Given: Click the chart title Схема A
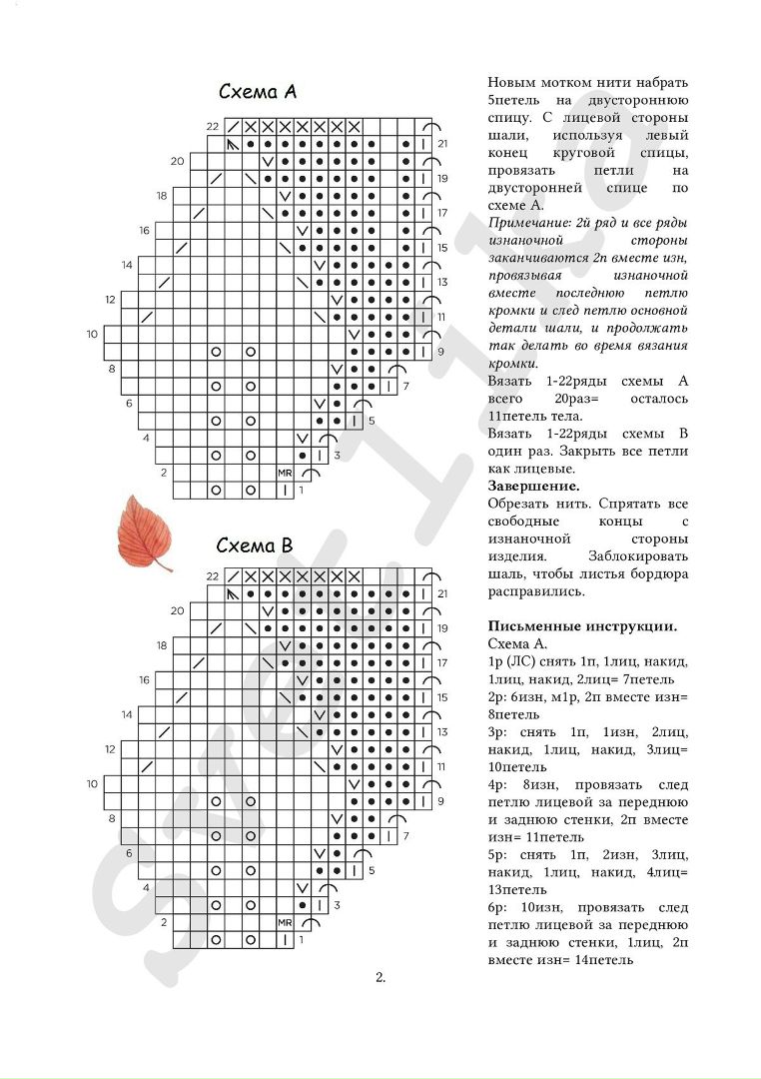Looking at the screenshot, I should (258, 92).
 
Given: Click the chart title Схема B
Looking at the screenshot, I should (255, 545).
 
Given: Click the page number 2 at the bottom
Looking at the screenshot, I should (380, 977).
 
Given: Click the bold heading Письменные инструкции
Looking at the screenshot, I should (583, 626).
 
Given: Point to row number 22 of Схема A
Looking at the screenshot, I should (213, 127).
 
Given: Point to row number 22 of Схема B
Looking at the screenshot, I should (212, 576).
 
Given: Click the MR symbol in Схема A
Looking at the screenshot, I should (285, 472).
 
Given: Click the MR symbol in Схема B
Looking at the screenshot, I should (285, 922).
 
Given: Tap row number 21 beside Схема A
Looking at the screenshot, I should (441, 144).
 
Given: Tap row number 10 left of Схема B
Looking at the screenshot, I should (92, 784).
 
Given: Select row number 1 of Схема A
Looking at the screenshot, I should (302, 491).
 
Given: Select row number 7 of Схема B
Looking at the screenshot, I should (405, 835).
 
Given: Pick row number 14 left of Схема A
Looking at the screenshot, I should (127, 265).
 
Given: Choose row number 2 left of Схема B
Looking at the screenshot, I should (164, 922).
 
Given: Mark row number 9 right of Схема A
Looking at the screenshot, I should (440, 352).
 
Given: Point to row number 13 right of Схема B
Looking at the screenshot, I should (441, 732).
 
